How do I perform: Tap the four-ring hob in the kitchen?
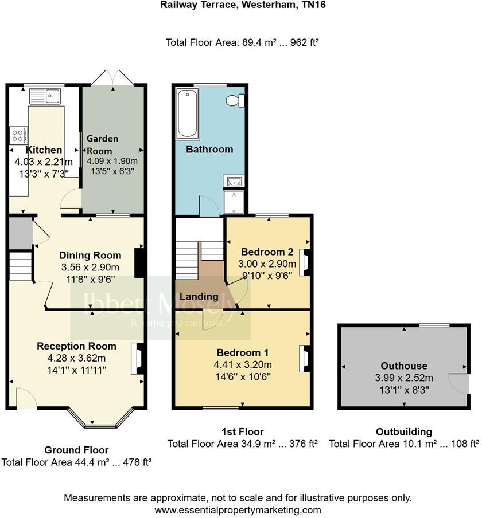(x=18, y=136)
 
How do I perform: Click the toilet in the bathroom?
(x=235, y=101)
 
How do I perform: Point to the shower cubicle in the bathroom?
(x=234, y=201)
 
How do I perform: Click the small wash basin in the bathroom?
(x=235, y=182)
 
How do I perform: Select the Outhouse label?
(x=404, y=366)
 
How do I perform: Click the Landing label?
(x=199, y=296)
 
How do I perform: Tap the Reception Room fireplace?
(x=136, y=359)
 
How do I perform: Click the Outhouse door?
(x=459, y=383)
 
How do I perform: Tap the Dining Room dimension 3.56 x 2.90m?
(x=91, y=268)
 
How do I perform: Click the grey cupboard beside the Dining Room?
(x=20, y=233)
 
